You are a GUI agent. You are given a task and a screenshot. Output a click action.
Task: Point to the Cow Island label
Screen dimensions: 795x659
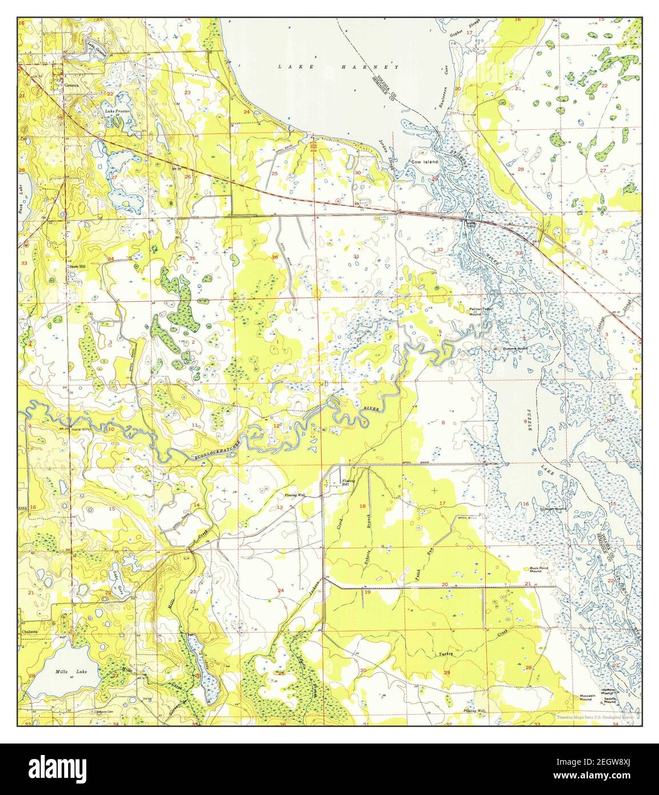[425, 162]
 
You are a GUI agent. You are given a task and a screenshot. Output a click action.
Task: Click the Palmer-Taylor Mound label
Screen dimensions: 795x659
[481, 312]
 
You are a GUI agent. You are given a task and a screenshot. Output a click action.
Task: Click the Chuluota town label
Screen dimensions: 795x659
[30, 633]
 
